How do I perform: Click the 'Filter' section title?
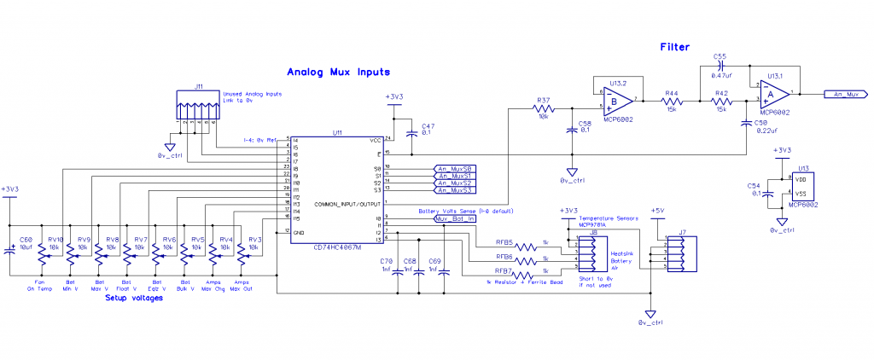click(x=674, y=48)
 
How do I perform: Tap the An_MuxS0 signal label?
click(x=455, y=168)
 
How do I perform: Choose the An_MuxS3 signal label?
click(x=455, y=190)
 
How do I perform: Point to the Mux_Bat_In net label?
click(x=455, y=219)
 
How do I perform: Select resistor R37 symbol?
click(x=544, y=109)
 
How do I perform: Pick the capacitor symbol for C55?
click(x=721, y=65)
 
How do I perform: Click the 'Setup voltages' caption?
click(x=133, y=299)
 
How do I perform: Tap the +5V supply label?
click(x=656, y=211)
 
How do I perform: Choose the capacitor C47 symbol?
click(x=412, y=133)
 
